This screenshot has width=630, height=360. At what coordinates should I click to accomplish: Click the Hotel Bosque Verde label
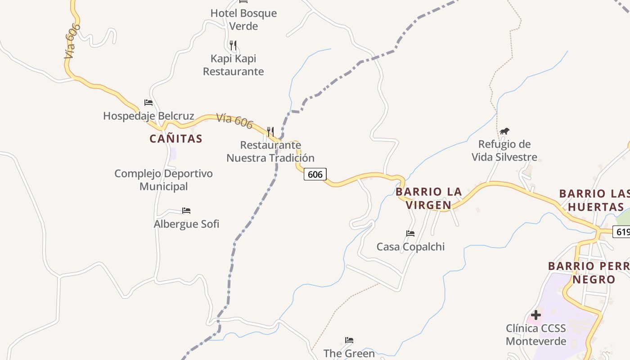coord(243,20)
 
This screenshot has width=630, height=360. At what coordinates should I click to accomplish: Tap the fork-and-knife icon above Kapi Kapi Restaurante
coord(233,45)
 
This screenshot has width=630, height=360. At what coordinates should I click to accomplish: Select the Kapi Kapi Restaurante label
coord(233,65)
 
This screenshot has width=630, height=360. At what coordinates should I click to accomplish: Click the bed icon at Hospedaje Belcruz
coord(148,103)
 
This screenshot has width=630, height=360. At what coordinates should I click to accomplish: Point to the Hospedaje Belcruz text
coord(148,116)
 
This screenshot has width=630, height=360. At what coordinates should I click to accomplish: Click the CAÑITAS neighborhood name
coord(176,139)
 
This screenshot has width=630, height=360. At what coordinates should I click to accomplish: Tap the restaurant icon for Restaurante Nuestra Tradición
coord(270,132)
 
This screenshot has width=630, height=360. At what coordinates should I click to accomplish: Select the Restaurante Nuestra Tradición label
coord(270,152)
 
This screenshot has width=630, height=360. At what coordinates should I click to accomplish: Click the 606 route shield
coord(315,174)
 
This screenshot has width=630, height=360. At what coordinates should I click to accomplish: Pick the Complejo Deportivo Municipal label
coord(163,180)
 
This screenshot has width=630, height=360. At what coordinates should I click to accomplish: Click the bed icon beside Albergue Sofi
coord(186,210)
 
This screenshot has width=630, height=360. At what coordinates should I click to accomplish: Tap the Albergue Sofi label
coord(186,224)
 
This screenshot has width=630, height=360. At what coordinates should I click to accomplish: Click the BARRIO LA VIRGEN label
coord(428,198)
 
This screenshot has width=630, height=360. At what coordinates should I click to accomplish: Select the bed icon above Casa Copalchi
coord(410,234)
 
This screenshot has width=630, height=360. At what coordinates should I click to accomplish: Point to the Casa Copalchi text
coord(410,247)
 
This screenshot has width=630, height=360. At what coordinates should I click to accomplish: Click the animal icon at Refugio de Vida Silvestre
coord(504,131)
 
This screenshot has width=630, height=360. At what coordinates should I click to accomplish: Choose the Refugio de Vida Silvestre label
coord(504,151)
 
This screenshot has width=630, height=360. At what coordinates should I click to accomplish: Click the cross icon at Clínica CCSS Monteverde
coord(535,315)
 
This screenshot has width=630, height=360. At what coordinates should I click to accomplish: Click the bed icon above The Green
coord(349,340)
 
